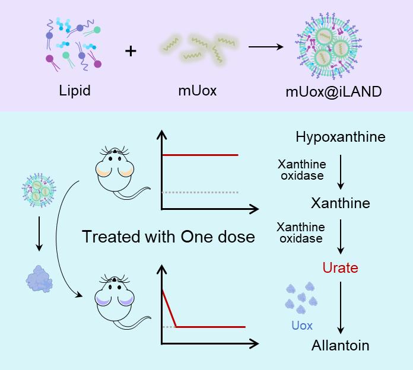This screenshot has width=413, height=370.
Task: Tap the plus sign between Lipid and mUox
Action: coord(131,51)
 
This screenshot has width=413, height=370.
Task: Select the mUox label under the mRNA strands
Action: coord(198,91)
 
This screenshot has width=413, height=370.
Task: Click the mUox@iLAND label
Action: coord(333,91)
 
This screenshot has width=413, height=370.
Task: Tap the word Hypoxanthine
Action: coord(340,138)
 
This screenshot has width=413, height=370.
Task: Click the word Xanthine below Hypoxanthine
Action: coord(340,203)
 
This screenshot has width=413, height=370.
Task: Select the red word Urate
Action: coord(340,268)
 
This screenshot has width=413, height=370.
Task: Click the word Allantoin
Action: coord(340,345)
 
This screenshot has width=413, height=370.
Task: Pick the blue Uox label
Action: coord(301,326)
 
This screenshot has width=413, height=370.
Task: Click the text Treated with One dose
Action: coord(168,237)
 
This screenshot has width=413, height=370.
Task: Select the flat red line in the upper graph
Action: coord(199,155)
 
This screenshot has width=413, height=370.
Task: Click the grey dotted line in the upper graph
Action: coord(199,192)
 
